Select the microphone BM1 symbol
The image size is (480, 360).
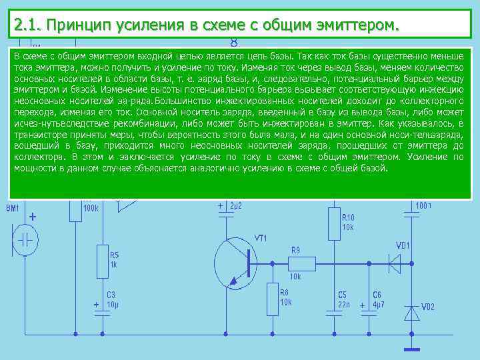[x=26, y=240]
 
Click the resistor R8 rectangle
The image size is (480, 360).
[x=273, y=299]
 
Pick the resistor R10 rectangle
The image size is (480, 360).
[x=333, y=223]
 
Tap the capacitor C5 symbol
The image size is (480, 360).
[x=333, y=311]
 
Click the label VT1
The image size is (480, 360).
[x=261, y=239]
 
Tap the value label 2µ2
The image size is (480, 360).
[x=235, y=206]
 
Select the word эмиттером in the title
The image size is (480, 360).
[x=351, y=25]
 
